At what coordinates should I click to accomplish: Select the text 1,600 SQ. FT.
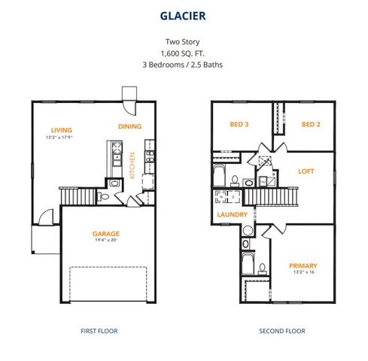(184, 53)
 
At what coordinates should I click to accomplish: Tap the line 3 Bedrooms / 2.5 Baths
(184, 65)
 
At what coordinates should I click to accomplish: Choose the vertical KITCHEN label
(132, 163)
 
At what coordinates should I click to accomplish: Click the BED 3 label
(239, 124)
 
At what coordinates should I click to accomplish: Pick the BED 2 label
(312, 124)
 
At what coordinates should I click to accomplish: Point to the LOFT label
(306, 171)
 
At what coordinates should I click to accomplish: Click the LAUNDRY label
(233, 215)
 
